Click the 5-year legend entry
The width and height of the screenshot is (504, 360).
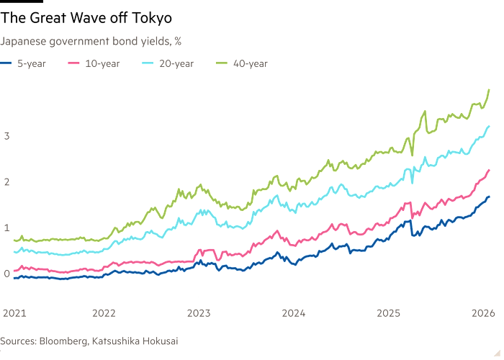click(x=22, y=63)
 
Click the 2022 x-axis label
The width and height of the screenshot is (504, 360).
click(x=104, y=314)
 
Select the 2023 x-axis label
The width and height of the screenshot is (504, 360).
click(x=199, y=314)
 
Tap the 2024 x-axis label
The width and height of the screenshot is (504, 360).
click(x=293, y=314)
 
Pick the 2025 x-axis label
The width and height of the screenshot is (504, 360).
click(x=388, y=314)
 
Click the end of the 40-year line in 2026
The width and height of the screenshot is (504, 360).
click(x=490, y=89)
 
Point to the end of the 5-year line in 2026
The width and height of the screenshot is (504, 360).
click(x=490, y=196)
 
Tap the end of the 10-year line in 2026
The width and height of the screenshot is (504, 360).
click(x=490, y=169)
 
